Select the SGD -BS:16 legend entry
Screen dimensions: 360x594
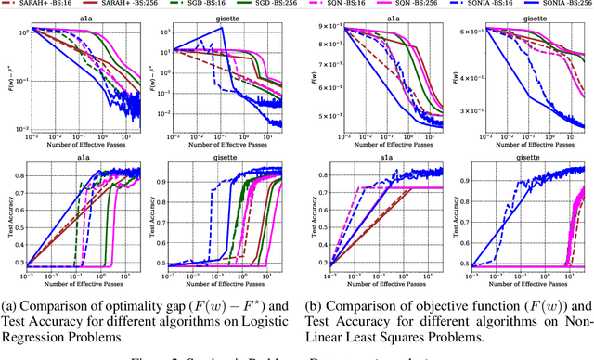click(x=180, y=5)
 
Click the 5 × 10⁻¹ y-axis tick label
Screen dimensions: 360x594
click(x=326, y=115)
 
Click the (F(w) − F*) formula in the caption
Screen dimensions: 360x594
click(x=234, y=304)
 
